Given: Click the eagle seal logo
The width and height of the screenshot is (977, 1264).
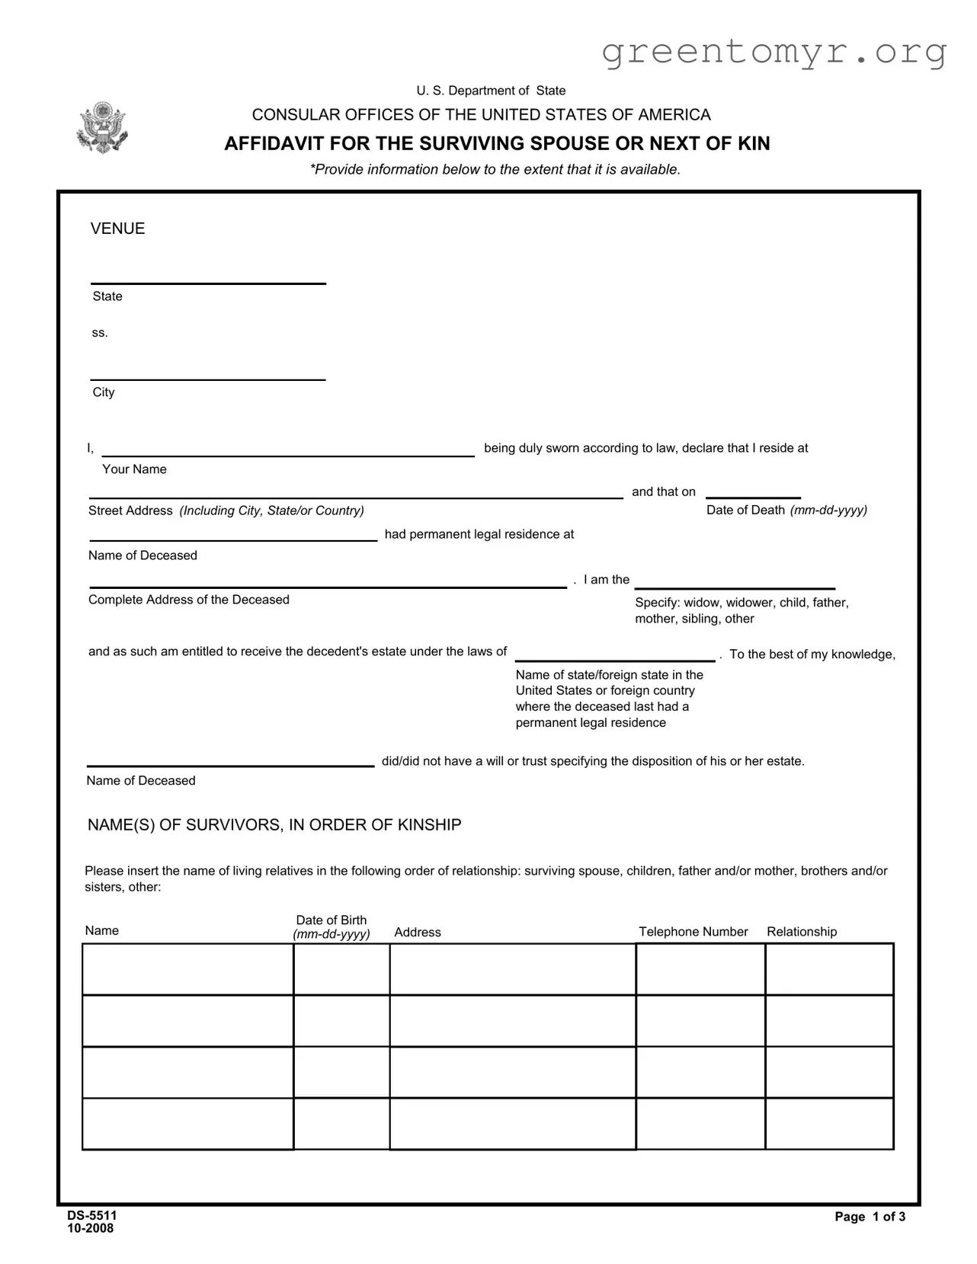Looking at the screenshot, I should click(x=102, y=127).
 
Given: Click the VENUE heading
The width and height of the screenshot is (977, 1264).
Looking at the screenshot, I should click(x=117, y=229).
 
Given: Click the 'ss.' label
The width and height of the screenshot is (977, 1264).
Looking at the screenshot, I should click(x=100, y=333).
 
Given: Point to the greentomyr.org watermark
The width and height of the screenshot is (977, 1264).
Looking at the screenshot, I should click(x=774, y=51).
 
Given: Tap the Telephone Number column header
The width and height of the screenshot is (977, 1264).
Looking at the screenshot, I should click(x=693, y=932).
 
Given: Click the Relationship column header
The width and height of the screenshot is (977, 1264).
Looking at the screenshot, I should click(x=801, y=932).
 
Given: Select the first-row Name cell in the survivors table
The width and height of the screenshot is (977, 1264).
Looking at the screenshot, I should click(x=187, y=969).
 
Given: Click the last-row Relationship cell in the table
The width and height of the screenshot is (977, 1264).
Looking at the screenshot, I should click(x=829, y=1123).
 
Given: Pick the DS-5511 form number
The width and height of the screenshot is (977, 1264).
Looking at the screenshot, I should click(x=91, y=1215).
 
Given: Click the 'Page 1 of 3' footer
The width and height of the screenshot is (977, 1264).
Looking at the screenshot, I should click(x=870, y=1217).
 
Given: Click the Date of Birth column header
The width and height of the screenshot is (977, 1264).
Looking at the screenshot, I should click(x=332, y=926).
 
